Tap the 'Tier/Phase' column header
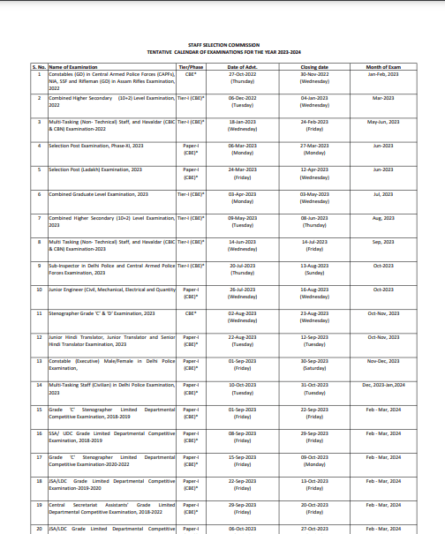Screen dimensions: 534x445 [191, 67]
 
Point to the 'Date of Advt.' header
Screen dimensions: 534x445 [242, 67]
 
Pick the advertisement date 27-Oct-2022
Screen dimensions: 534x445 [242, 74]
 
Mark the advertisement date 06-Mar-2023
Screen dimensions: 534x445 [242, 146]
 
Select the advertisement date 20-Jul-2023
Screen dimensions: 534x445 [242, 265]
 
